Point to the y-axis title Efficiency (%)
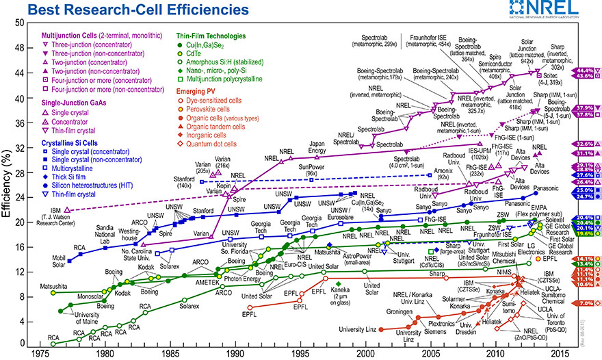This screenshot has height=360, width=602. [x=8, y=184]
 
